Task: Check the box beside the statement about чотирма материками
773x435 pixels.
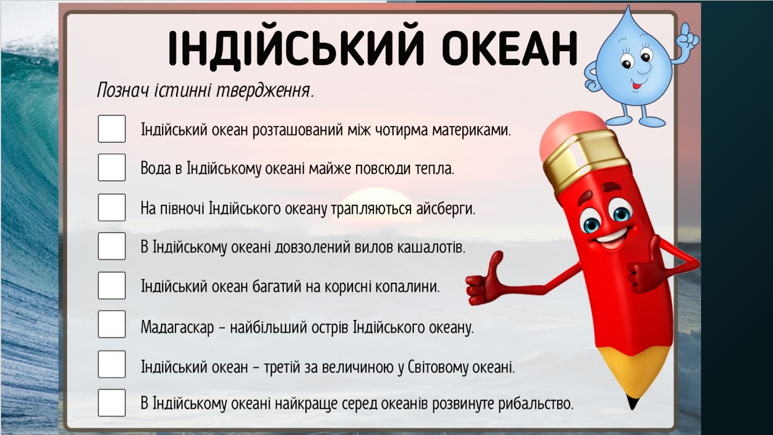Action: click(x=111, y=129)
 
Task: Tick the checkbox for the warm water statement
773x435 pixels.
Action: click(x=111, y=167)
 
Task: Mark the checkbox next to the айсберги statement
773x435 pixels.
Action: click(x=111, y=207)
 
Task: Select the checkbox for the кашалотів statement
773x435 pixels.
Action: click(x=111, y=246)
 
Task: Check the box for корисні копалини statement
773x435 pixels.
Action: click(x=111, y=286)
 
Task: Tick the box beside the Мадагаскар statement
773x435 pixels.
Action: click(x=111, y=324)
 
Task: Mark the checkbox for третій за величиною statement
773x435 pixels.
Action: click(x=111, y=364)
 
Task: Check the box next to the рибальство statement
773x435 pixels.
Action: click(x=111, y=403)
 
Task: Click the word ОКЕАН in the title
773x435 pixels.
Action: click(x=510, y=48)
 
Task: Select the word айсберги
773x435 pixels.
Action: click(x=445, y=209)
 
